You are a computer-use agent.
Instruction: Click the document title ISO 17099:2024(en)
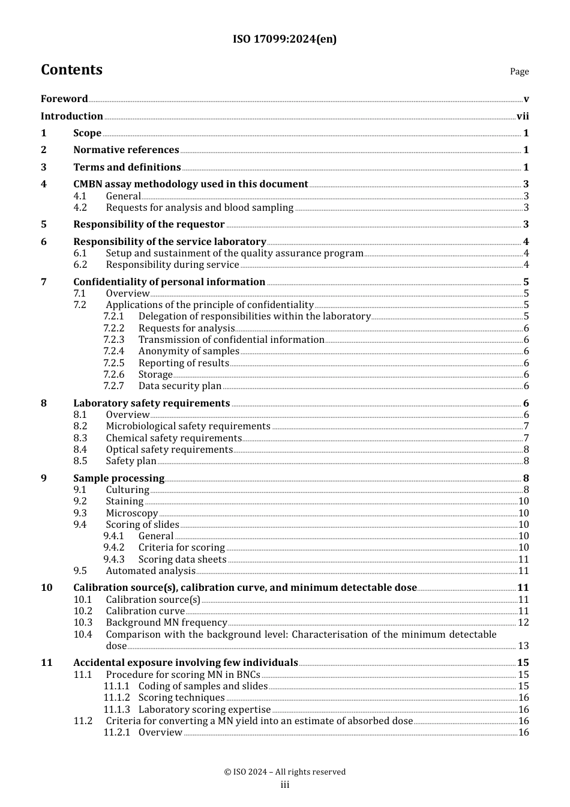pyautogui.click(x=284, y=39)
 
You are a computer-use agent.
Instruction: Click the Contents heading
pyautogui.click(x=71, y=70)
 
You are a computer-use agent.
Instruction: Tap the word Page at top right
pyautogui.click(x=519, y=71)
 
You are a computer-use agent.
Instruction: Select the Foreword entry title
pyautogui.click(x=64, y=99)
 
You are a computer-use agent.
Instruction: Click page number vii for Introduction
pyautogui.click(x=523, y=116)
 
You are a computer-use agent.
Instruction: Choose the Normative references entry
pyautogui.click(x=126, y=150)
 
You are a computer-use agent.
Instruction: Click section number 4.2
pyautogui.click(x=80, y=208)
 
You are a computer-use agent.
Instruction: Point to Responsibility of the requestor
pyautogui.click(x=149, y=225)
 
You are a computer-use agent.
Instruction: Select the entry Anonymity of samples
pyautogui.click(x=188, y=351)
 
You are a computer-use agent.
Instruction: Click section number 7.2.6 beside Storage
pyautogui.click(x=113, y=375)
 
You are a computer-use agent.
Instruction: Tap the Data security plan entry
pyautogui.click(x=179, y=386)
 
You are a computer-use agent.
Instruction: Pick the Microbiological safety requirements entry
pyautogui.click(x=188, y=426)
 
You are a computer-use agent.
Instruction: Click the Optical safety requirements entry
pyautogui.click(x=169, y=450)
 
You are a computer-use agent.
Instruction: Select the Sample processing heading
pyautogui.click(x=119, y=479)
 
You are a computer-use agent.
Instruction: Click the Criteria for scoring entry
pyautogui.click(x=181, y=548)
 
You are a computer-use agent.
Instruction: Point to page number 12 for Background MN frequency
pyautogui.click(x=523, y=623)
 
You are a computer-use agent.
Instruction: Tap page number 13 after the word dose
pyautogui.click(x=523, y=646)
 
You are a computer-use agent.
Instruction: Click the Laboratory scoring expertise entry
pyautogui.click(x=205, y=710)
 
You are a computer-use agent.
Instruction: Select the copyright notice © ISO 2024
pyautogui.click(x=284, y=772)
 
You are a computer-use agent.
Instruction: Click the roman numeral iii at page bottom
pyautogui.click(x=284, y=785)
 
